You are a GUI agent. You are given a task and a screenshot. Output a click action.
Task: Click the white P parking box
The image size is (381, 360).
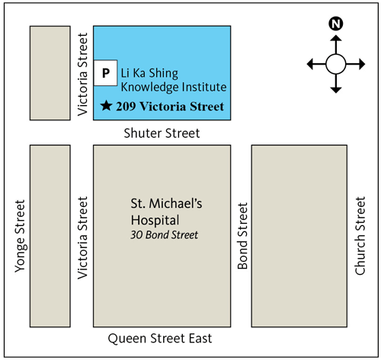(x=107, y=73)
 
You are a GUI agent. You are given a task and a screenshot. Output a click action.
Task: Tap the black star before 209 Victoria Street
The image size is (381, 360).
(x=107, y=106)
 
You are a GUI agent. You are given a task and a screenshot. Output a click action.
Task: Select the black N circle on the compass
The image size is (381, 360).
(x=335, y=24)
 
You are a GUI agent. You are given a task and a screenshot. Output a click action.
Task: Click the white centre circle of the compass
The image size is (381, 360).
(x=335, y=63)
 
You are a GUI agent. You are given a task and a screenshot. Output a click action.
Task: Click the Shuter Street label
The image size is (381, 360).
(x=162, y=133)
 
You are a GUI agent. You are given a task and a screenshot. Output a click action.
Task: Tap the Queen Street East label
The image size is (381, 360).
(x=159, y=339)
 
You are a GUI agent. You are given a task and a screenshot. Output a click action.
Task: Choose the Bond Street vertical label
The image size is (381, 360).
(x=243, y=236)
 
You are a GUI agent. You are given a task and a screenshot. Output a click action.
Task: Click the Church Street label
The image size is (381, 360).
(x=361, y=235)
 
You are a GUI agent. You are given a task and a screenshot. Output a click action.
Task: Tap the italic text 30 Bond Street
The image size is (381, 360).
(x=165, y=235)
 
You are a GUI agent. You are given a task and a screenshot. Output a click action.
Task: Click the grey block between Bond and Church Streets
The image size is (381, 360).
(x=293, y=236)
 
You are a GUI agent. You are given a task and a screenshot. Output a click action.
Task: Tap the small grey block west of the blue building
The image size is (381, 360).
(x=50, y=73)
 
